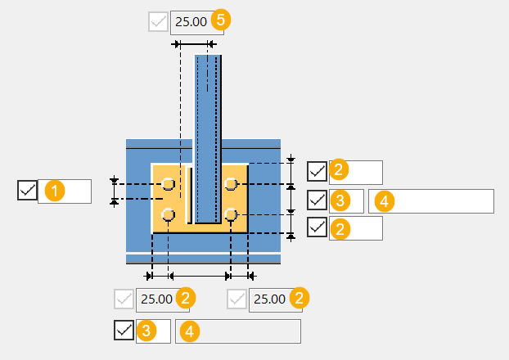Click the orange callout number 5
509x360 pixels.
point(221,20)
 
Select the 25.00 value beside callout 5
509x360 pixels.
point(191,22)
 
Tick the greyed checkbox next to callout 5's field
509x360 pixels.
point(158,22)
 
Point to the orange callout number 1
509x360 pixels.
point(55,191)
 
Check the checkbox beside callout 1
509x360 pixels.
point(27,190)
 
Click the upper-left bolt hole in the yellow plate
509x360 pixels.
point(168,184)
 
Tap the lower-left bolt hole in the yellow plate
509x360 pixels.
point(168,214)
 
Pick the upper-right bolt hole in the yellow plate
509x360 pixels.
point(231,184)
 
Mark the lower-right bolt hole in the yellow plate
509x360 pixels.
point(231,214)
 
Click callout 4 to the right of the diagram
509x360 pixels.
point(385,201)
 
